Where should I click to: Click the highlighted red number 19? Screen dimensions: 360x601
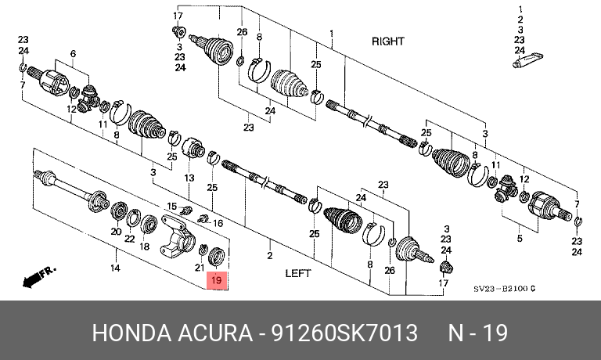217,279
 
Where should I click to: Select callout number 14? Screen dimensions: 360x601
115,268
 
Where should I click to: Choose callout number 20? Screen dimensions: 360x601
115,232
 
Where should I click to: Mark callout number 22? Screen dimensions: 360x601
130,239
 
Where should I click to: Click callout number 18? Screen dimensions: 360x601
145,247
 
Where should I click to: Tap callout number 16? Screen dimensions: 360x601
218,224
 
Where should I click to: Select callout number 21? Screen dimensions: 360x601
199,268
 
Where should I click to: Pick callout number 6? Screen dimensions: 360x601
73,53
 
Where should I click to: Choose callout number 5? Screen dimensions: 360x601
518,237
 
